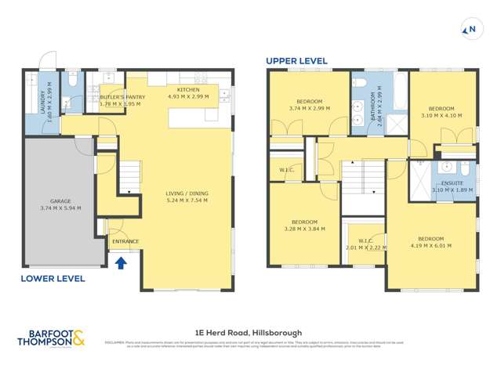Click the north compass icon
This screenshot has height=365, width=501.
tap(470, 30)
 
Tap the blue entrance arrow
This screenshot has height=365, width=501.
tap(120, 264)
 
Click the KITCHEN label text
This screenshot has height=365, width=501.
tap(188, 90)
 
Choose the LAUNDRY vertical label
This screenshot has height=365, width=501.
tap(43, 99)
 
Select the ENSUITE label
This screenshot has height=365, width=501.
tap(448, 183)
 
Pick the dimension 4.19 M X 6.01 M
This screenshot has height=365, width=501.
tap(430, 245)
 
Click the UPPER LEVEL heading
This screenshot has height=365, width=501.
tap(296, 60)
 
